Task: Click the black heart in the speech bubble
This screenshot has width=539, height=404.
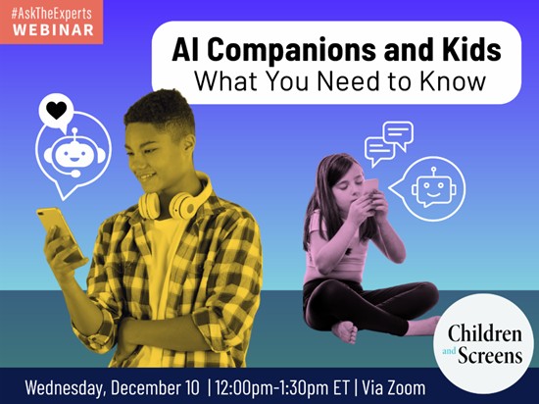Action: pos(57,110)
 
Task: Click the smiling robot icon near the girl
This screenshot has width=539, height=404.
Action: pos(432,185)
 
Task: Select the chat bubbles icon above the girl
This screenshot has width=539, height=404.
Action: pos(388,142)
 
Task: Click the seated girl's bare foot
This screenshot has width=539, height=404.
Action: pos(345,330)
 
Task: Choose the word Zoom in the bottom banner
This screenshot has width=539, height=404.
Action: pos(404,386)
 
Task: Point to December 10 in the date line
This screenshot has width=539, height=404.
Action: pos(166,386)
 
